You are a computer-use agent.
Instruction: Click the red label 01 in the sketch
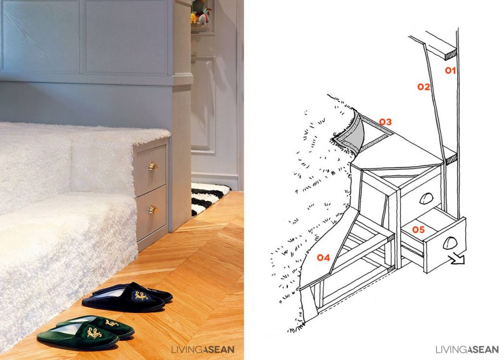pyautogui.click(x=450, y=71)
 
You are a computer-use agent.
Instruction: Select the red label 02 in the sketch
pyautogui.click(x=424, y=87)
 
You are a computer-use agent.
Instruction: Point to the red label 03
pyautogui.click(x=385, y=121)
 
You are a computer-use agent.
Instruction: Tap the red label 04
pyautogui.click(x=323, y=257)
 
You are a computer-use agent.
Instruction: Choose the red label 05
pyautogui.click(x=418, y=230)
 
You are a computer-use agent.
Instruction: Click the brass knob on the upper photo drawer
pyautogui.click(x=153, y=166)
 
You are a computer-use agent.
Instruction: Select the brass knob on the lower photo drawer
pyautogui.click(x=153, y=210)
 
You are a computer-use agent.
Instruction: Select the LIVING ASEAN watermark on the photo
pyautogui.click(x=202, y=350)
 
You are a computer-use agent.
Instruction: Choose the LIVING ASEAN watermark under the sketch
pyautogui.click(x=467, y=350)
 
